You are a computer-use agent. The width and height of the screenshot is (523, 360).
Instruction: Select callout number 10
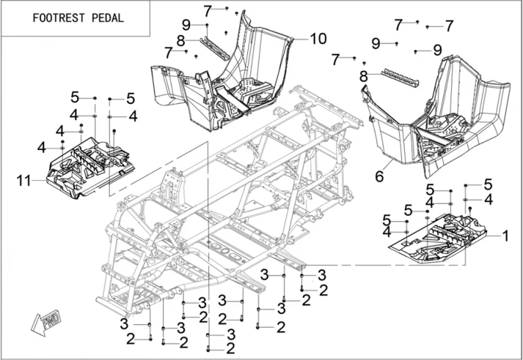point(318,37)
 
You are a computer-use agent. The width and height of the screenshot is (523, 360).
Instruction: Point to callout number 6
point(379,176)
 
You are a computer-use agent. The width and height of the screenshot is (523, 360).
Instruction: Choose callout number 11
point(23,179)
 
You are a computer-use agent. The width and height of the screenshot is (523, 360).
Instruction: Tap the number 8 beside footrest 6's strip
point(363,76)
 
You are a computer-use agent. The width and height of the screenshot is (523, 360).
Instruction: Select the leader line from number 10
point(299,37)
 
